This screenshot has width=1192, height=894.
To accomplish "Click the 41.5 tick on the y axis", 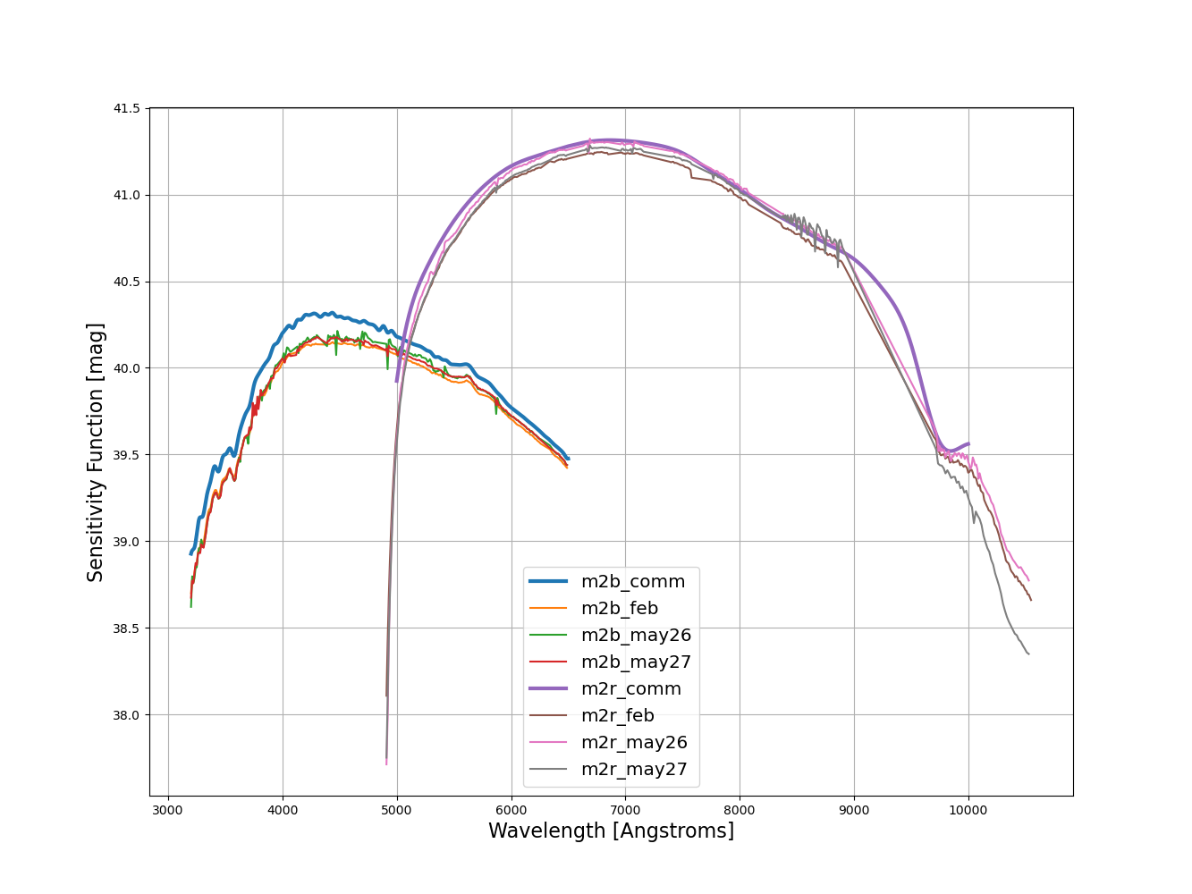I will coord(126,108).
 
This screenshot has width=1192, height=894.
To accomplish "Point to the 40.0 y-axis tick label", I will coord(126,368).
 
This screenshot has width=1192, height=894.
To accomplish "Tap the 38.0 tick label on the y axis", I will coord(126,715).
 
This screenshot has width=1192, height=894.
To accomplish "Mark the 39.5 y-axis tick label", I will coord(126,455).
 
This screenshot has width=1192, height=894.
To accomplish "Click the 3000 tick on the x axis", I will coord(168,811).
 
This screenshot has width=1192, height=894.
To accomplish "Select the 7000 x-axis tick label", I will coord(625,811).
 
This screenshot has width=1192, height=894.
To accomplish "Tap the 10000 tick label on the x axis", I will coord(968,811).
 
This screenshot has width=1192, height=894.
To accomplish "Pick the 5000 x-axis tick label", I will coord(397,811).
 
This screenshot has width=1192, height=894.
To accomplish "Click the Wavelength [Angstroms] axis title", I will coord(611,831).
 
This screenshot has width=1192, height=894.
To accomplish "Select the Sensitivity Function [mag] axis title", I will coord(96,451).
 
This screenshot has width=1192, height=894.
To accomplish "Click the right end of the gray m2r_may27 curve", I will coord(1028,654).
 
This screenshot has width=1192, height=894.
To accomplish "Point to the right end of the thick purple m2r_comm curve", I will coord(968,443).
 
